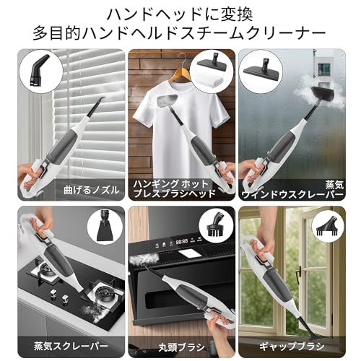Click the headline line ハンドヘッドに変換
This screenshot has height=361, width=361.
point(180,14)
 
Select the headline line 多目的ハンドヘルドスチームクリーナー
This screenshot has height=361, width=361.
point(180,33)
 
